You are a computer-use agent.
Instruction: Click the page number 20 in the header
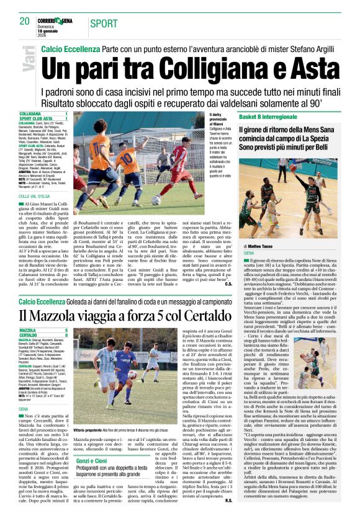pos(24,21)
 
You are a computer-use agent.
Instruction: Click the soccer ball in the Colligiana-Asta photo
pos(156,200)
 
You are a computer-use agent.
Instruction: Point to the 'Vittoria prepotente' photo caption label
pos(92,429)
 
